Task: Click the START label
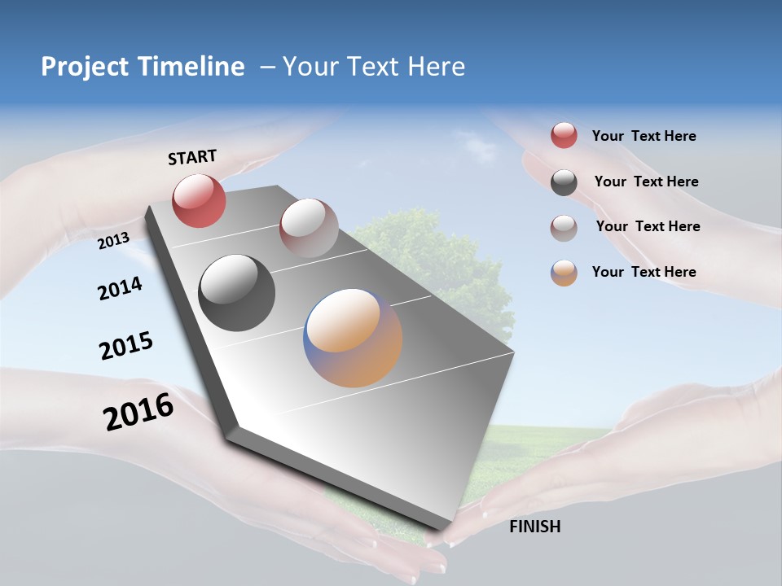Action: (x=192, y=157)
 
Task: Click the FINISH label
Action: (x=534, y=527)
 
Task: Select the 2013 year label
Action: (x=113, y=240)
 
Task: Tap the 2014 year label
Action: (x=120, y=288)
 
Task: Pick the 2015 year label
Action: (x=125, y=346)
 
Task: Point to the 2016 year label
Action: (x=138, y=412)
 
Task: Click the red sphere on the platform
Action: (x=199, y=200)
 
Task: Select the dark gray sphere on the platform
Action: (x=236, y=293)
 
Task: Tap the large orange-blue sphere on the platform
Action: (x=353, y=338)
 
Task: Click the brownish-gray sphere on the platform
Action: (x=309, y=228)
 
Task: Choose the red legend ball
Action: (x=564, y=136)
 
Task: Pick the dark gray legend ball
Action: (x=564, y=182)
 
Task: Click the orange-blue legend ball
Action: (x=564, y=273)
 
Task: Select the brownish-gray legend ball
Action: (x=564, y=228)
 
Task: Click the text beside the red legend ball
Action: (x=644, y=136)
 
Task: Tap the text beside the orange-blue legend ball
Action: (x=644, y=272)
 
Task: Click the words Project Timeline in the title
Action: (x=143, y=67)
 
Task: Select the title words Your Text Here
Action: (x=373, y=67)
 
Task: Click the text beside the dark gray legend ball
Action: (x=646, y=181)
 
